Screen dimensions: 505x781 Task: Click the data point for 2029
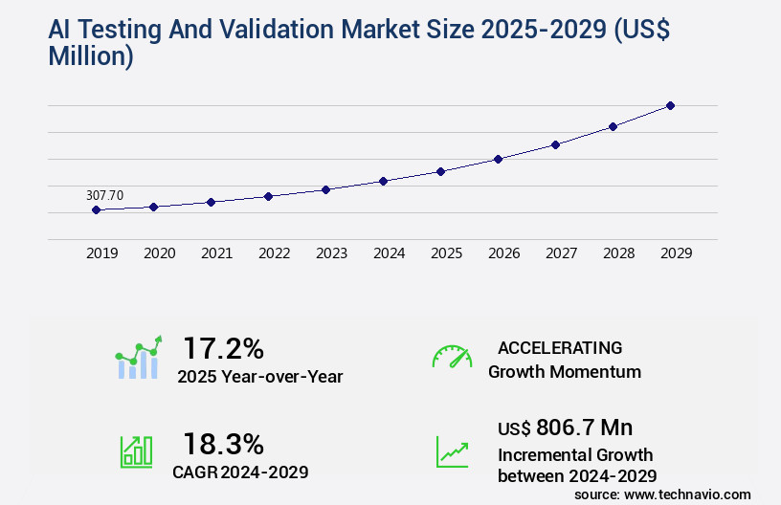pyautogui.click(x=671, y=105)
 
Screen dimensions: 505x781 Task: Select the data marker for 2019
pyautogui.click(x=97, y=209)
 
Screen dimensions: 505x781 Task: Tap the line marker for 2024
pyautogui.click(x=384, y=181)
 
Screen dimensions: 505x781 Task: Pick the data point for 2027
pyautogui.click(x=556, y=144)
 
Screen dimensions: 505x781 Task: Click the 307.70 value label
pyautogui.click(x=105, y=195)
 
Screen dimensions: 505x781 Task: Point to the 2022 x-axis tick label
pyautogui.click(x=275, y=253)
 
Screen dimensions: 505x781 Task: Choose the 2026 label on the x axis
pyautogui.click(x=504, y=253)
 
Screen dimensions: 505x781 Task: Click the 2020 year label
pyautogui.click(x=160, y=253)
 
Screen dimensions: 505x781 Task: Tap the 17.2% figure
pyautogui.click(x=223, y=347)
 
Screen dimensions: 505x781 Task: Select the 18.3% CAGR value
pyautogui.click(x=223, y=444)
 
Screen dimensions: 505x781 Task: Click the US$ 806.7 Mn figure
pyautogui.click(x=565, y=427)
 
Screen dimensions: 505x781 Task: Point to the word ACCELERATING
pyautogui.click(x=560, y=347)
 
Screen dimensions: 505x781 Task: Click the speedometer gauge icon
pyautogui.click(x=452, y=356)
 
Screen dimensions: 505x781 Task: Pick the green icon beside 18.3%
pyautogui.click(x=136, y=451)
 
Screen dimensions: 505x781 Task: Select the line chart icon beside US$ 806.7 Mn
pyautogui.click(x=452, y=451)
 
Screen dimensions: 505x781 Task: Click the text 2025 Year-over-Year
pyautogui.click(x=259, y=376)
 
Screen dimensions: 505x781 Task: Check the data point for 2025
pyautogui.click(x=441, y=171)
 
